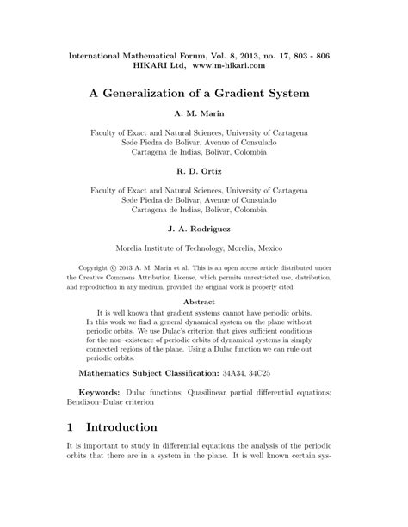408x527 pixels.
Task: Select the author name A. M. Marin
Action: click(x=204, y=114)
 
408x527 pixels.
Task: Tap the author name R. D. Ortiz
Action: click(x=204, y=171)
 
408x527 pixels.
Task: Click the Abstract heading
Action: click(x=204, y=302)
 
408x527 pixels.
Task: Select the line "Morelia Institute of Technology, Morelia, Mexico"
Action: click(x=204, y=247)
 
